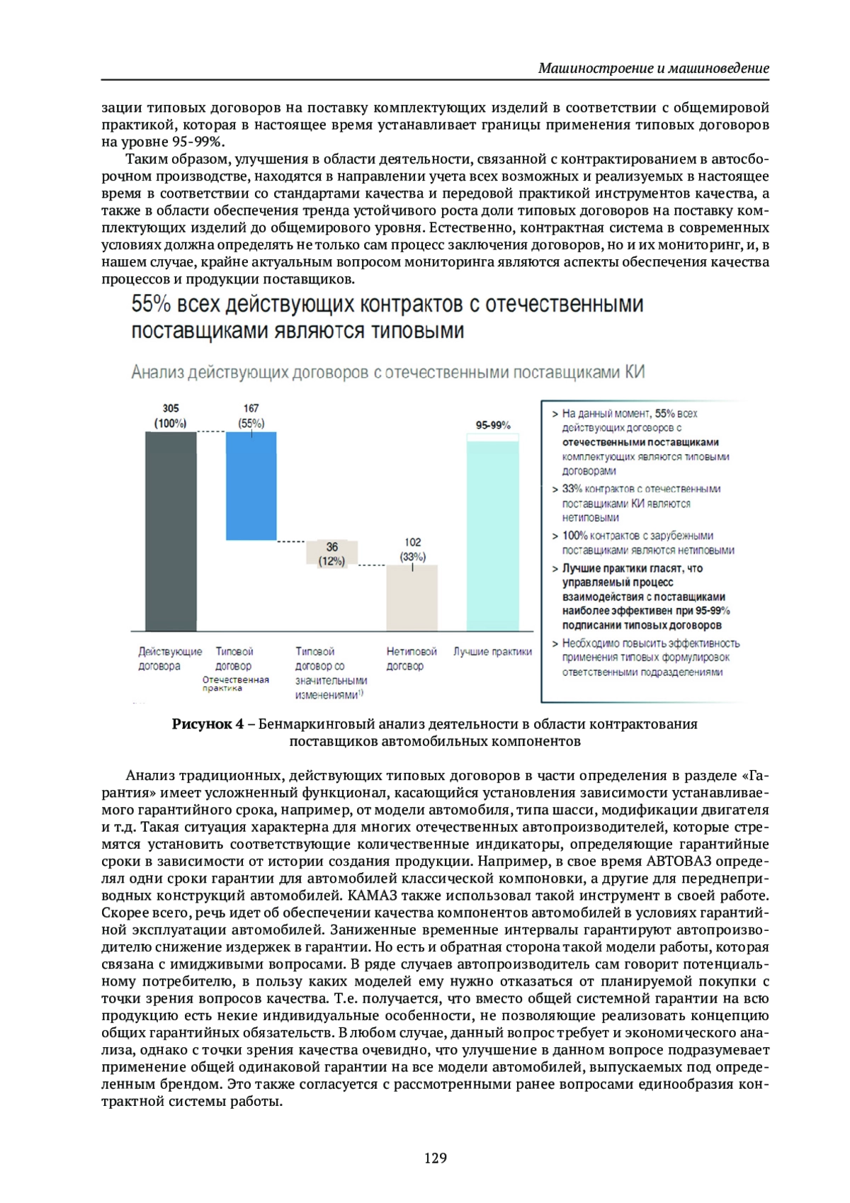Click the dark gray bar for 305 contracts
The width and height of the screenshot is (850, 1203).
click(x=171, y=531)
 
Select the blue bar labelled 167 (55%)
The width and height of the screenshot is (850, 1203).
click(x=251, y=486)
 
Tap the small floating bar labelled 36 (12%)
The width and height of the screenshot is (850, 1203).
click(x=331, y=553)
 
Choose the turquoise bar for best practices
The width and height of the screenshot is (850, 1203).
click(x=493, y=535)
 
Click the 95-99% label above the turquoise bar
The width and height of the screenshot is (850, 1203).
click(x=493, y=425)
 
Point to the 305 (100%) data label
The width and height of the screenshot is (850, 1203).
click(x=171, y=416)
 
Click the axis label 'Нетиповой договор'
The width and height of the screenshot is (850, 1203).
click(x=411, y=659)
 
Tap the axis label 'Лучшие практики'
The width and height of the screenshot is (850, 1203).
click(x=493, y=652)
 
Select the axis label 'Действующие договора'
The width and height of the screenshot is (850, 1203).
click(x=170, y=659)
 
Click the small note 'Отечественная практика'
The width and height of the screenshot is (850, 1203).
click(x=235, y=684)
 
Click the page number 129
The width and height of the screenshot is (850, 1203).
click(x=436, y=1158)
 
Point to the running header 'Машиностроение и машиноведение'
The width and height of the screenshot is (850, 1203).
click(x=653, y=69)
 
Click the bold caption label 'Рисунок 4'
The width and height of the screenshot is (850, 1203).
click(x=208, y=724)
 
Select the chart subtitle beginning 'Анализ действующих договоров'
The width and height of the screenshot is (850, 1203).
click(x=387, y=373)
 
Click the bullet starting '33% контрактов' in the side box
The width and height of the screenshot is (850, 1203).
click(x=641, y=503)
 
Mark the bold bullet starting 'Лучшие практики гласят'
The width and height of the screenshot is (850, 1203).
click(x=645, y=597)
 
